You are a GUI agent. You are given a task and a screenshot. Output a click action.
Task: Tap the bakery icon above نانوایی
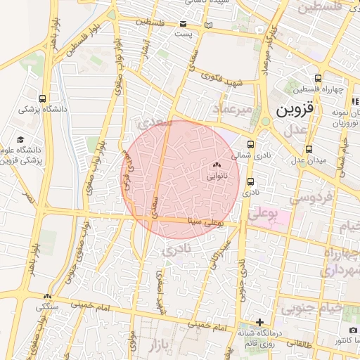214,166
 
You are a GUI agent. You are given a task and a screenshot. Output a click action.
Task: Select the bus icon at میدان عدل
309,149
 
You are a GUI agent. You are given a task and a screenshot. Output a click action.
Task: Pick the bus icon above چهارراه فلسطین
319,78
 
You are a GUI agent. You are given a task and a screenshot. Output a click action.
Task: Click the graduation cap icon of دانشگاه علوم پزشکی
20,140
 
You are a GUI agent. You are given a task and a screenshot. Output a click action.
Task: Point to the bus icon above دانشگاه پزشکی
43,98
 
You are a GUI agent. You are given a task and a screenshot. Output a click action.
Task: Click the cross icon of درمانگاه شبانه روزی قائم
259,321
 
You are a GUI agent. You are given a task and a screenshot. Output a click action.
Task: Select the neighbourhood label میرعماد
229,109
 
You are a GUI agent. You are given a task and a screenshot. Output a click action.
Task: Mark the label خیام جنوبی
313,307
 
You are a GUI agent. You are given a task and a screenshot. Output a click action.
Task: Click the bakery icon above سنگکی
48,296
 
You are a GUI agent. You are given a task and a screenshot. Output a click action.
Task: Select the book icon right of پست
207,26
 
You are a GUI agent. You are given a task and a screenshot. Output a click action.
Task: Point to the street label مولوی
132,337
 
